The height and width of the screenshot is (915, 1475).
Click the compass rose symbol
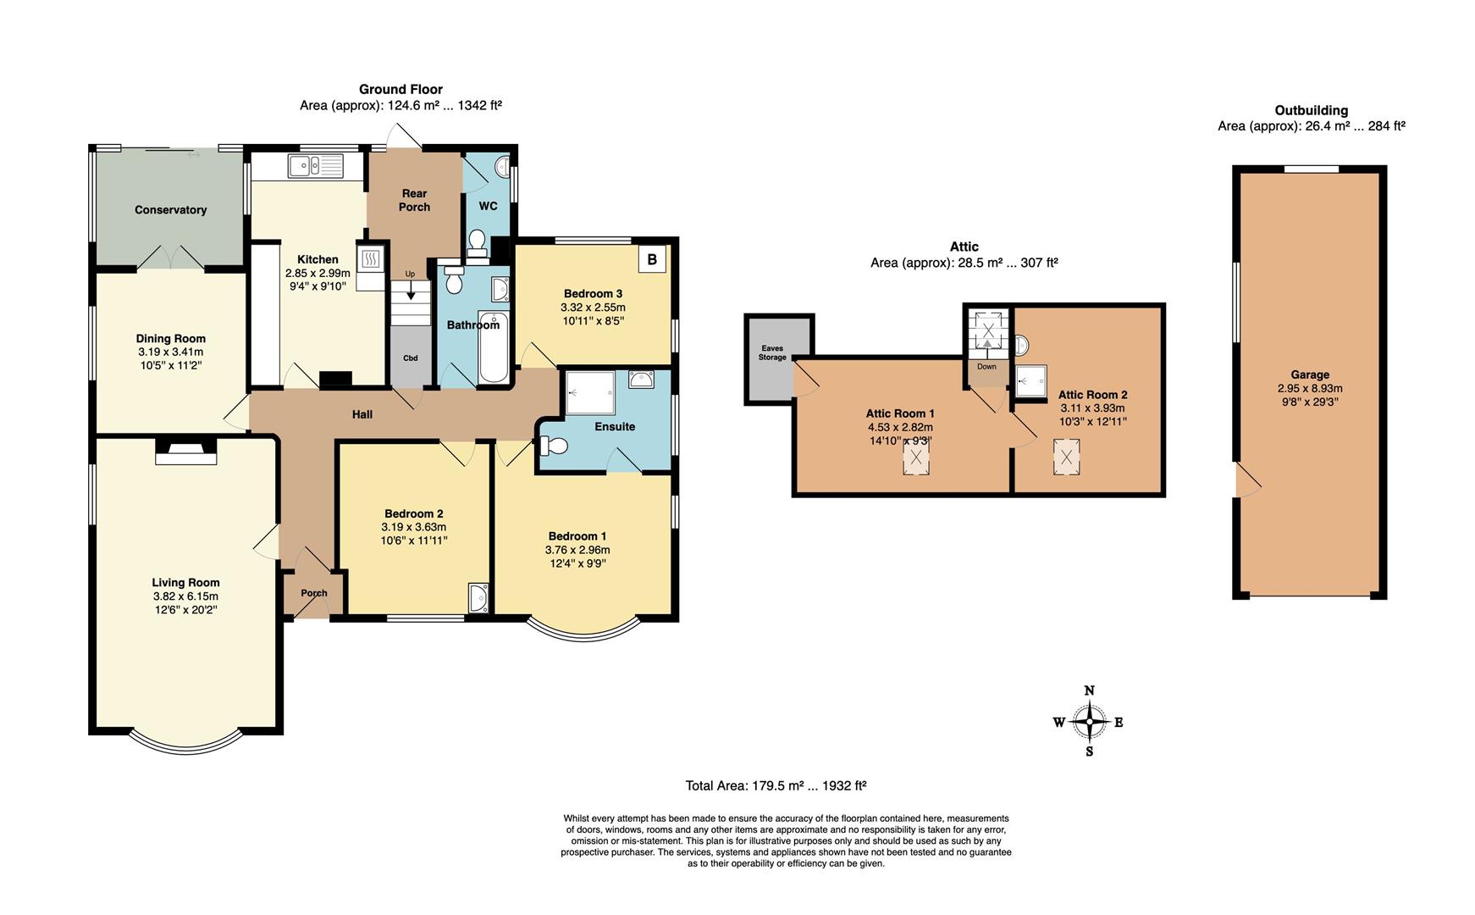click(1090, 722)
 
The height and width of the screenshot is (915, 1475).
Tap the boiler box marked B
click(652, 259)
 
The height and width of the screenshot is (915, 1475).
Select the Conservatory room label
click(170, 210)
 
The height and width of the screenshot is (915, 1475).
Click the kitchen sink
click(314, 166)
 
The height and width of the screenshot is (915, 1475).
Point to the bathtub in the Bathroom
click(493, 347)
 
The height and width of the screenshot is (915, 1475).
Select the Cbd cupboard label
click(410, 358)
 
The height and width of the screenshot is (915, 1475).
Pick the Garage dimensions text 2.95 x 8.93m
click(1310, 389)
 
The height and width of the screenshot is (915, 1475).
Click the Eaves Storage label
click(772, 352)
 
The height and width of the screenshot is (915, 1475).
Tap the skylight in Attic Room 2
click(1067, 457)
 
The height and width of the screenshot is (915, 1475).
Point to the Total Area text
click(776, 785)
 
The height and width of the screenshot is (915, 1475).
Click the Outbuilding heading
click(1311, 110)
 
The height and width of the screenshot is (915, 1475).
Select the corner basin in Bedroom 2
click(478, 597)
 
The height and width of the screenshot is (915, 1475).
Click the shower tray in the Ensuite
click(590, 391)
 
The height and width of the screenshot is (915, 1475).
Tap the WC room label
click(488, 206)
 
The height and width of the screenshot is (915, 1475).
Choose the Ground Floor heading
click(401, 89)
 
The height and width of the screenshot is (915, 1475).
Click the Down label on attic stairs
click(986, 367)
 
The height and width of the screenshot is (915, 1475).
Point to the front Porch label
click(314, 593)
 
